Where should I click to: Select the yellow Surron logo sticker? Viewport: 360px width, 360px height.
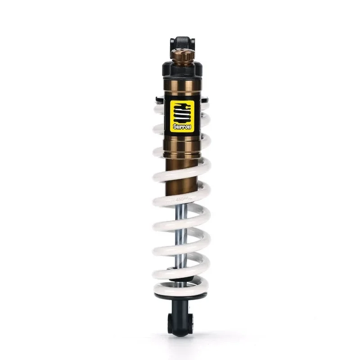click(x=182, y=116)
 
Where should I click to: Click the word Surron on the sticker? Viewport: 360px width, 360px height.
click(x=182, y=127)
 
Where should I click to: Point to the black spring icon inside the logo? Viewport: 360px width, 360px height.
click(x=182, y=112)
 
